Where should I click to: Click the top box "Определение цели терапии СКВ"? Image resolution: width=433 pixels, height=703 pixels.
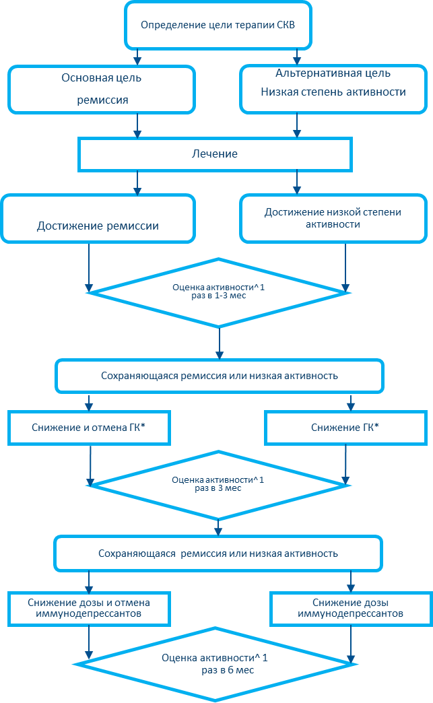(218, 26)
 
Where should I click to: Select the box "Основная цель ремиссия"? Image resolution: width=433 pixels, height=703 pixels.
(101, 89)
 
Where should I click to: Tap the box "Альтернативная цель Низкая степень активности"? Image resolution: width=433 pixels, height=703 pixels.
(333, 88)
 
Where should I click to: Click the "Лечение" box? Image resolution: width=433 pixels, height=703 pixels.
(215, 154)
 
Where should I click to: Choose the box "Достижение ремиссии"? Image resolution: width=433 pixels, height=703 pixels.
(98, 219)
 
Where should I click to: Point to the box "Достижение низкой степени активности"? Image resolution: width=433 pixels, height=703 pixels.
(333, 218)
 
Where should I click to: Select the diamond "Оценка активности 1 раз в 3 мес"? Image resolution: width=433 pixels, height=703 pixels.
(218, 483)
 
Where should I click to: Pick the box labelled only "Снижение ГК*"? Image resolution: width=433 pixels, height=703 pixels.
(345, 428)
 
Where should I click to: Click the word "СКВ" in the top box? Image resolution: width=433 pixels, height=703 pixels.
(285, 26)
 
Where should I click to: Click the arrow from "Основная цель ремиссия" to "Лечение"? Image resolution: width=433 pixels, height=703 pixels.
(137, 125)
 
